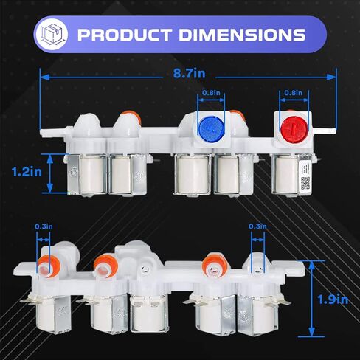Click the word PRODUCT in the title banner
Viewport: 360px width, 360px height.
125,35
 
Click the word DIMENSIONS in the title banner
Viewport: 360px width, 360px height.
242,35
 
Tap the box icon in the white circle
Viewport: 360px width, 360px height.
52,34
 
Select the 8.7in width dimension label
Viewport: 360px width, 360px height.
189,73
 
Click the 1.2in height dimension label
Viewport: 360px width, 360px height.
27,172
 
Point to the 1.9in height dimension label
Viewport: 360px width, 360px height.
333,300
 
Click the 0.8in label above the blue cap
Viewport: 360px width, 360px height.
211,93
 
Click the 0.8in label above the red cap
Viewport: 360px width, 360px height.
293,93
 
